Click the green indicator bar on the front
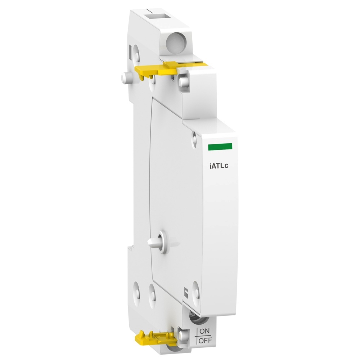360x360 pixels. pos(220,146)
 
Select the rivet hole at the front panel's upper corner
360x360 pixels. pos(194,137)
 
